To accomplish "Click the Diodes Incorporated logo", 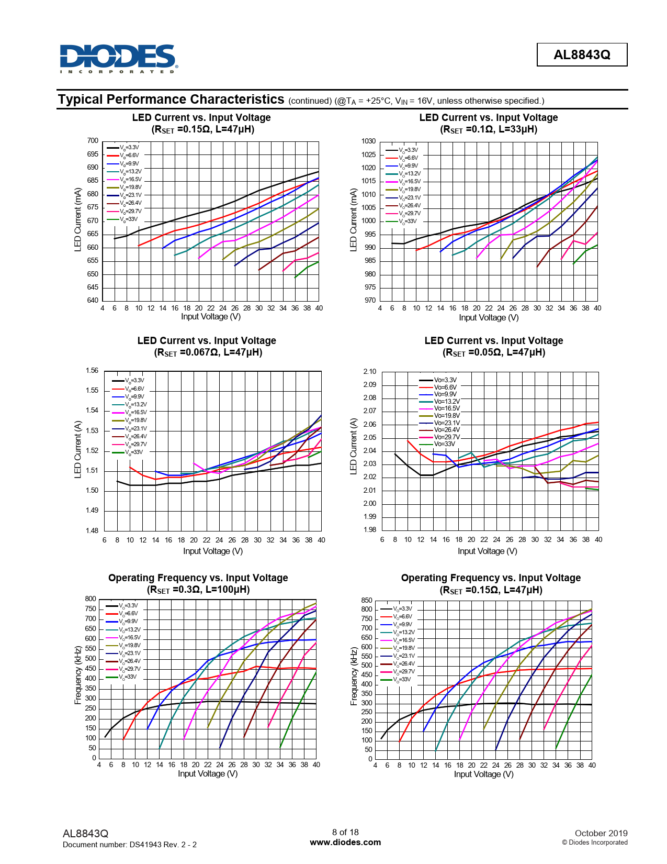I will coord(119,58).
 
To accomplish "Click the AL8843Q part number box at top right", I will coord(582,54).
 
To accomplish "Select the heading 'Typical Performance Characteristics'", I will coord(171,99).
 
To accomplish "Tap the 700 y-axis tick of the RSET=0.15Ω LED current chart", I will coord(93,140).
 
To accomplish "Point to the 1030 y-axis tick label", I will coord(368,141).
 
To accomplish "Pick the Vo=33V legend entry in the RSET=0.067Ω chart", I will coord(133,452).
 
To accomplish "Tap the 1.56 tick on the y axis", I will coord(92,370).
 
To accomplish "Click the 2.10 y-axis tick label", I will coord(369,371).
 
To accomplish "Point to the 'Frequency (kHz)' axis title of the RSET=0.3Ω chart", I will coord(78,675).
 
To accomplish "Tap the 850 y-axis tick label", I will coord(367,600).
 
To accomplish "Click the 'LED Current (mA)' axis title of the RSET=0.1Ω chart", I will coord(353,219).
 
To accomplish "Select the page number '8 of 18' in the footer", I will coord(345,832).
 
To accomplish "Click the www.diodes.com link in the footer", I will coord(345,842).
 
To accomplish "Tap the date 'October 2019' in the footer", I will coord(601,833).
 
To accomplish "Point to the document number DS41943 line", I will coord(129,844).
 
